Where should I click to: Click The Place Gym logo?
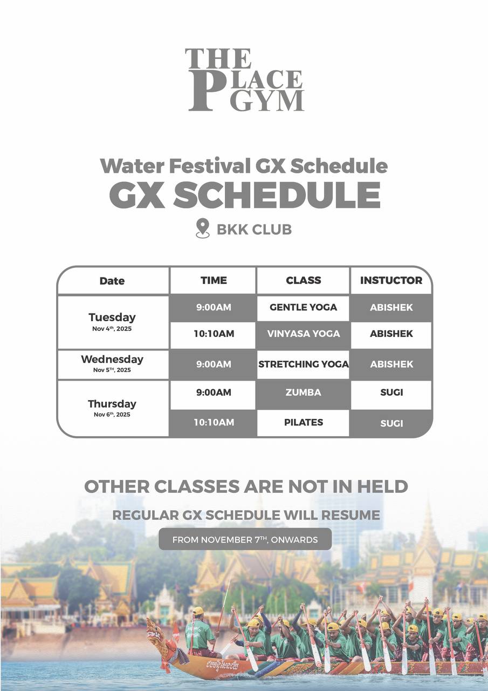(245, 79)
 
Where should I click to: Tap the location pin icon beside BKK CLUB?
(202, 228)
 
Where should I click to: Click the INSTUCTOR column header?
(391, 280)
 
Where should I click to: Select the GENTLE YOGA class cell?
(303, 307)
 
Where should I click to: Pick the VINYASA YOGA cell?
(303, 334)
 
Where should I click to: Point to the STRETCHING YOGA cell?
(303, 364)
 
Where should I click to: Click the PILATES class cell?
(303, 422)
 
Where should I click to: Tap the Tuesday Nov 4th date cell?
(113, 322)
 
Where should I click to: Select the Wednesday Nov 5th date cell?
(113, 364)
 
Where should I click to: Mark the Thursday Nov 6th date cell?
(113, 408)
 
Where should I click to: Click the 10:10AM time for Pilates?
(214, 422)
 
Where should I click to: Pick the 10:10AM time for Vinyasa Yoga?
(214, 334)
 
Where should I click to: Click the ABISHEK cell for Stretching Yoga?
(391, 364)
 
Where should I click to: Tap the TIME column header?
(214, 280)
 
